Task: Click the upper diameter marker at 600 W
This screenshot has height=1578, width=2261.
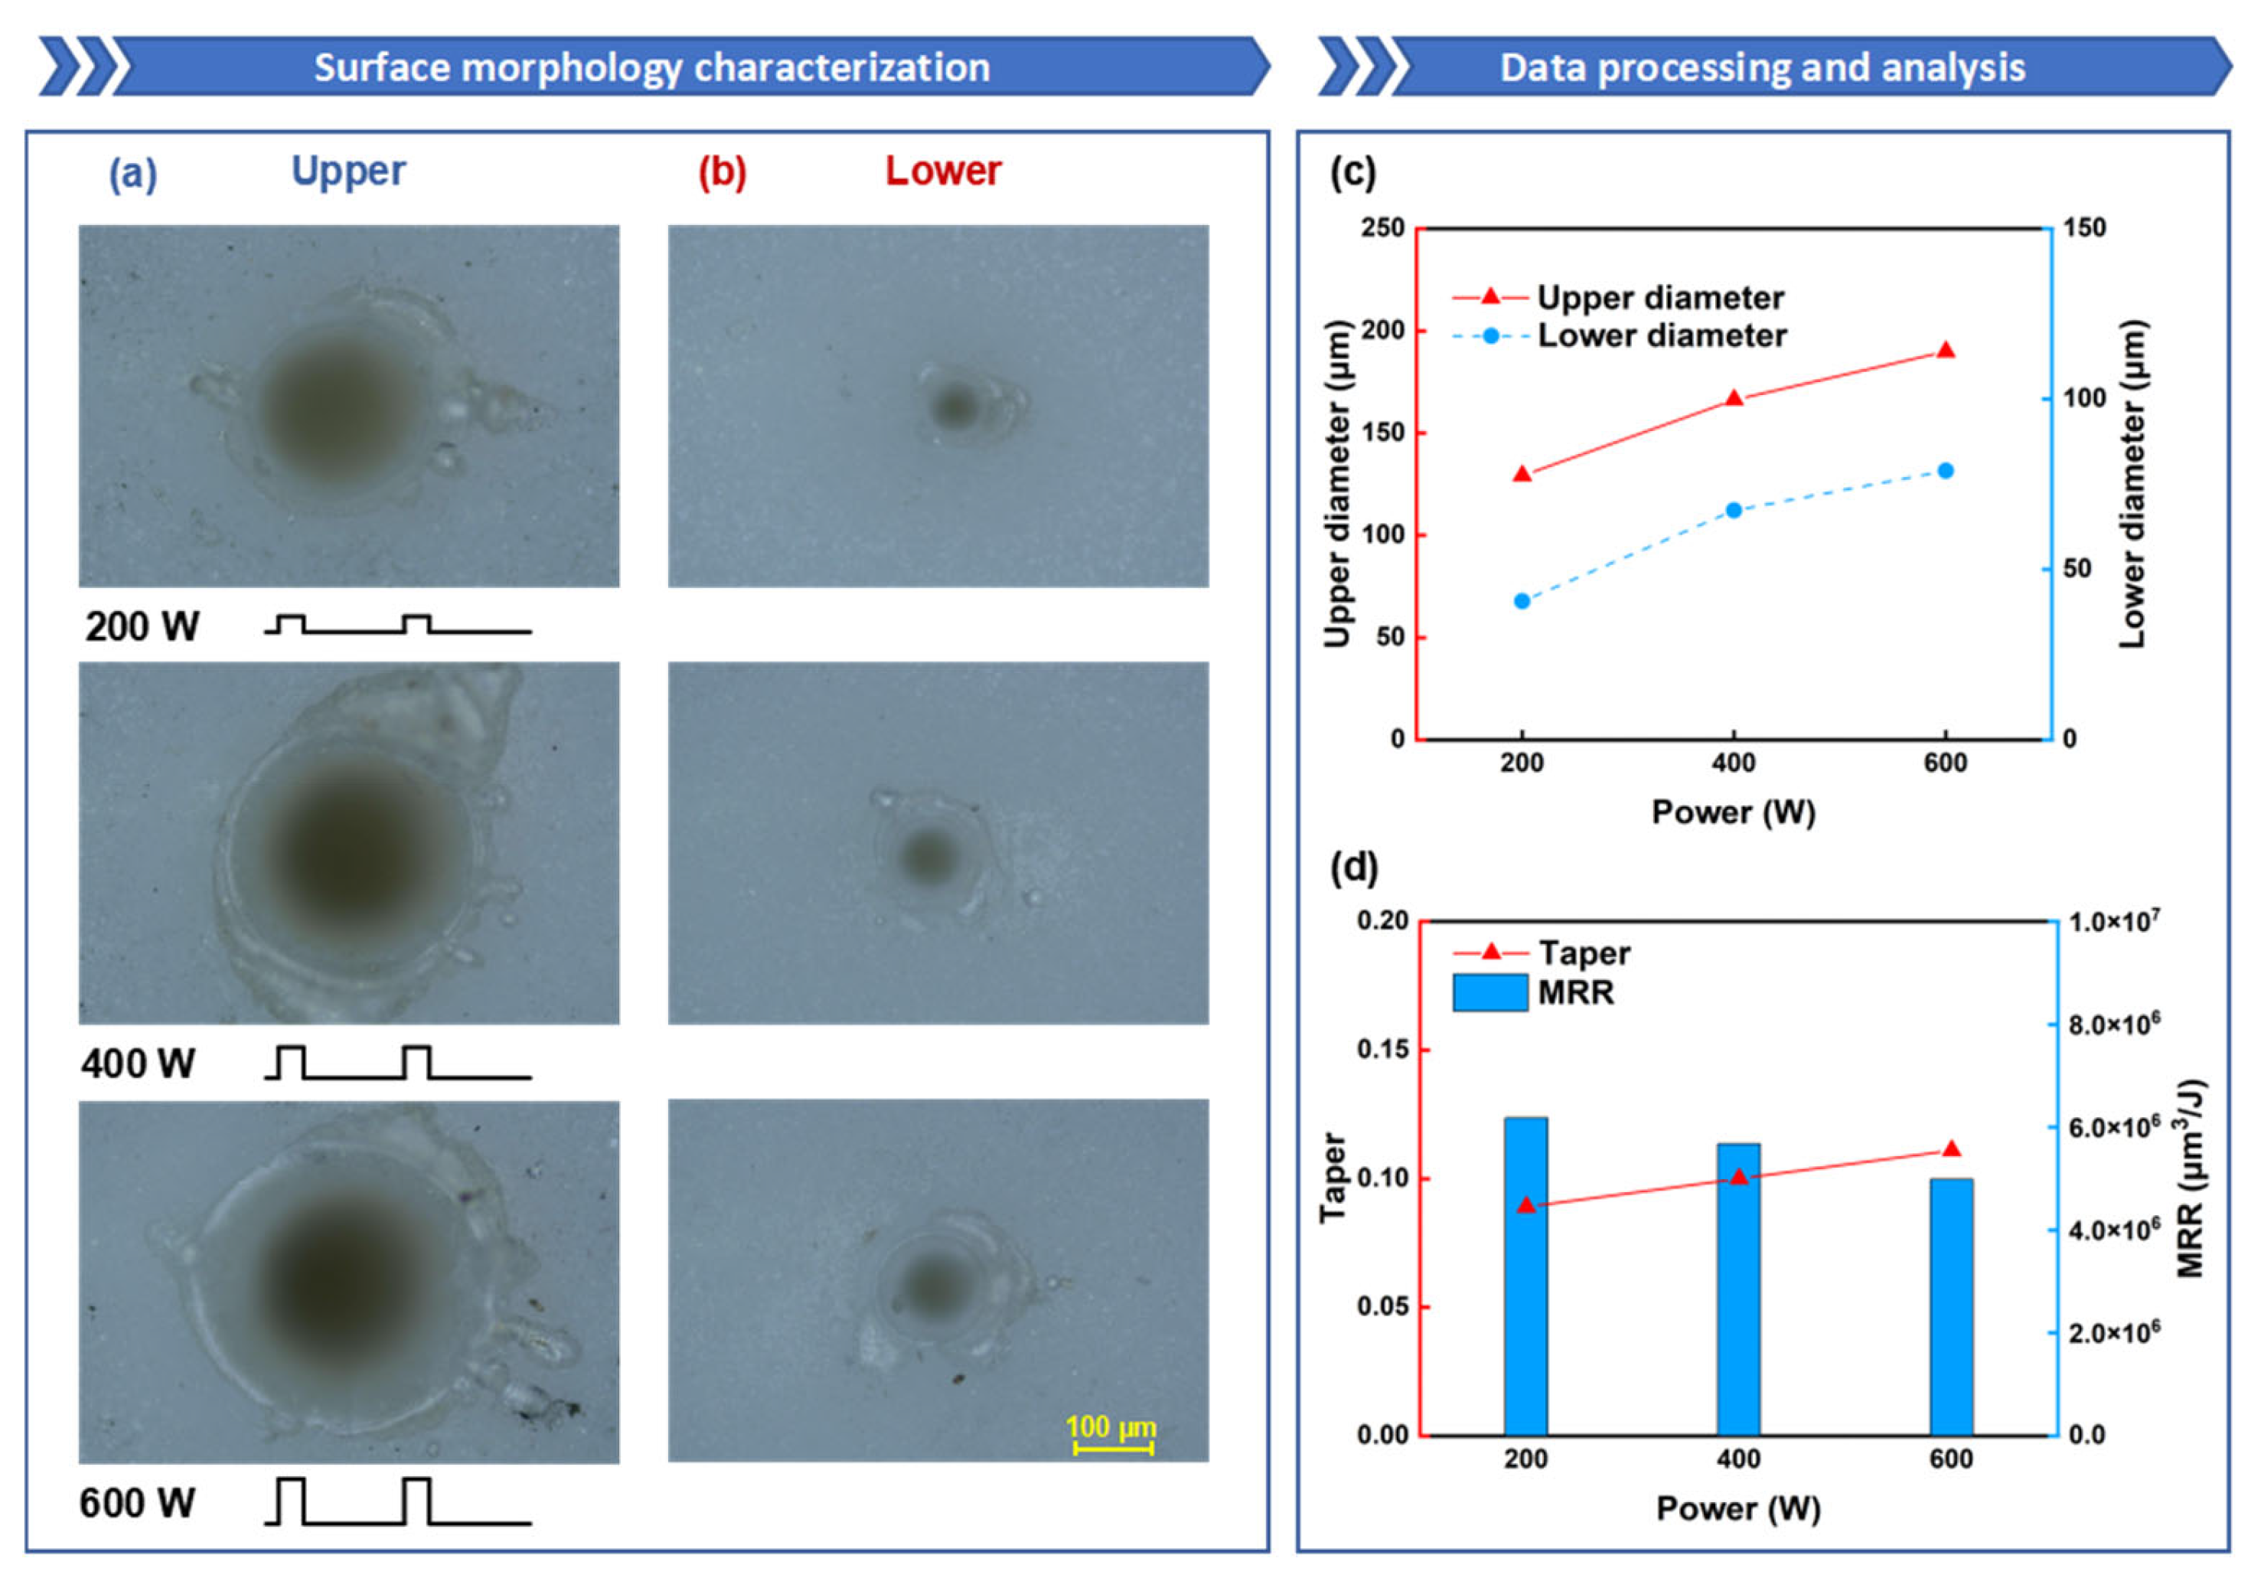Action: pos(1945,351)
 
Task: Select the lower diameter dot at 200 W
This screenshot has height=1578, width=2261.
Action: pos(1522,601)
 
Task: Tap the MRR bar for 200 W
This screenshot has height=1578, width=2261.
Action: pos(1525,1276)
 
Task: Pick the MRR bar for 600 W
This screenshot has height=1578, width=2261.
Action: pos(1951,1306)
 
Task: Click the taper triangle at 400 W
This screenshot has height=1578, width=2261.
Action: pos(1738,1177)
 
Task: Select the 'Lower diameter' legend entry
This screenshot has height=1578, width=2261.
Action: pos(1661,336)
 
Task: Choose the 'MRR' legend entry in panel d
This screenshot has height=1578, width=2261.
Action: pos(1576,992)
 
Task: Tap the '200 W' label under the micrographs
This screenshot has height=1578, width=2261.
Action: pos(142,626)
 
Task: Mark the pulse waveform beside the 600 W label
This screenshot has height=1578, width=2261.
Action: pos(398,1501)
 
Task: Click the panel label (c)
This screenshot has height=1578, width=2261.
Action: pos(1353,172)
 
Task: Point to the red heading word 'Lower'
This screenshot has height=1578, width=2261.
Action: pos(942,171)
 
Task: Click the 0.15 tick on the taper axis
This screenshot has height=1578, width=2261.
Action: pos(1382,1049)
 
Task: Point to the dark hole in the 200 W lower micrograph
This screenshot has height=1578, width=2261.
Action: pos(953,405)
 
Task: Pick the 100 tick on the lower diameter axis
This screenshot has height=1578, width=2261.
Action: pos(2083,398)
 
